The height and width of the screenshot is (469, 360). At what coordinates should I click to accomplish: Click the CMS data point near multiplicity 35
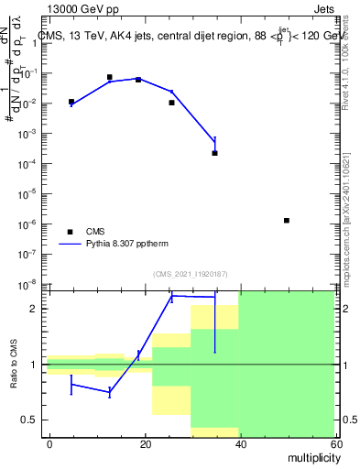click(214, 153)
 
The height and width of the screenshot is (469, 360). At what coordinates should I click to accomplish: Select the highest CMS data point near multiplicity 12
click(109, 77)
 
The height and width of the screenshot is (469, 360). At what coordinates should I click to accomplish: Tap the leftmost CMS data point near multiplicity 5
click(71, 102)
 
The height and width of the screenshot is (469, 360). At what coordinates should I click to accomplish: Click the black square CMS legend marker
click(70, 232)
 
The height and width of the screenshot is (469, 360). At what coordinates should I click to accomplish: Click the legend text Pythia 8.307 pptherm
click(125, 245)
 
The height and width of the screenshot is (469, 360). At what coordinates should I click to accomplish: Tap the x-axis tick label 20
click(144, 443)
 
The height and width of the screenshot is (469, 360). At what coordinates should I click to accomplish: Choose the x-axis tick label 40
click(239, 443)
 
